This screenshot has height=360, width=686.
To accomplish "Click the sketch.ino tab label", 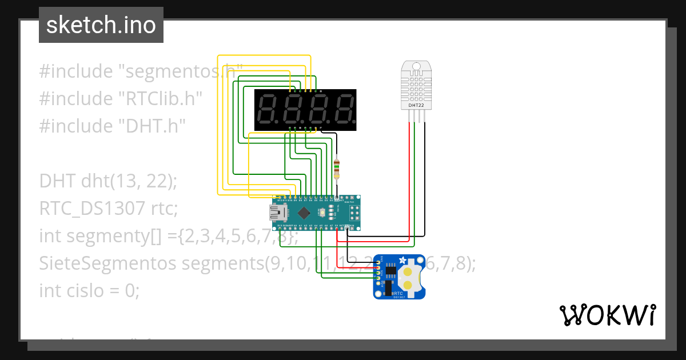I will [x=101, y=25].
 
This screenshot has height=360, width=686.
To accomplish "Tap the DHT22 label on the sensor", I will [x=416, y=105].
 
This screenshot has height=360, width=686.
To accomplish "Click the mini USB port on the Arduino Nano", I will [x=278, y=214].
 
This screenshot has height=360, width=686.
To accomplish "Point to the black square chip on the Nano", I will [x=304, y=214].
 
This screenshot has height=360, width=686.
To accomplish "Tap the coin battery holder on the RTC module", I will [x=408, y=277].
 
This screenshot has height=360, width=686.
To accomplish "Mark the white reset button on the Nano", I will [x=324, y=214].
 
